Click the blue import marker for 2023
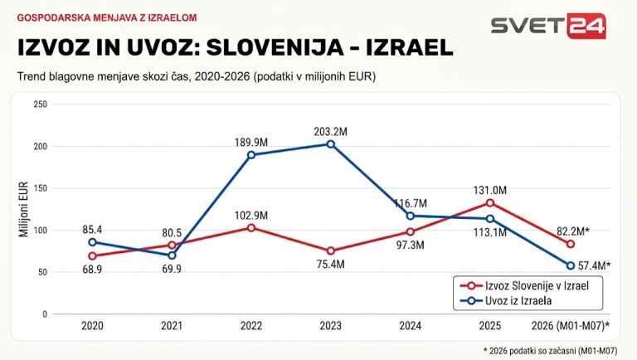tap(331, 144)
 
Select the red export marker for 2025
tap(490, 202)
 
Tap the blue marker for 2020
tap(92, 242)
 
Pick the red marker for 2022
tap(251, 228)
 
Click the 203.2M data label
tap(331, 132)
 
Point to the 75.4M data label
tap(331, 265)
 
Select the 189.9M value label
tap(251, 143)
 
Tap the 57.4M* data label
tap(595, 265)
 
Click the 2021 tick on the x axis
tap(172, 326)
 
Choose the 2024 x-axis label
tap(411, 326)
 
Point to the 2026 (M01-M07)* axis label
tap(571, 326)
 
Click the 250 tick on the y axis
tap(40, 105)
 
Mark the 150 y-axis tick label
tap(40, 188)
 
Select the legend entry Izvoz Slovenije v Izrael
tap(524, 285)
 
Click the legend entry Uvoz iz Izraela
tap(506, 300)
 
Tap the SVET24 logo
tap(548, 26)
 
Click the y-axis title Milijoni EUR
tap(23, 209)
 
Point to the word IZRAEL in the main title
tap(410, 47)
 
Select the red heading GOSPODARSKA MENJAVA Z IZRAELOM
tap(107, 18)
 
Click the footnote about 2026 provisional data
tap(551, 351)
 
